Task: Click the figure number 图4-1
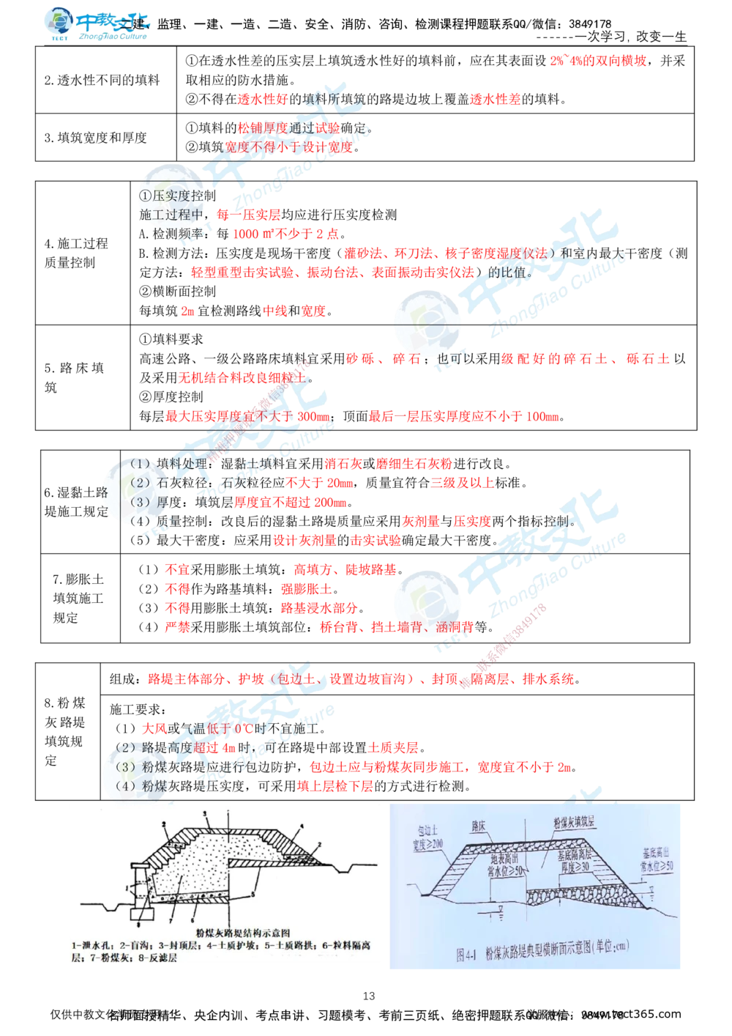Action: pyautogui.click(x=468, y=955)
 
